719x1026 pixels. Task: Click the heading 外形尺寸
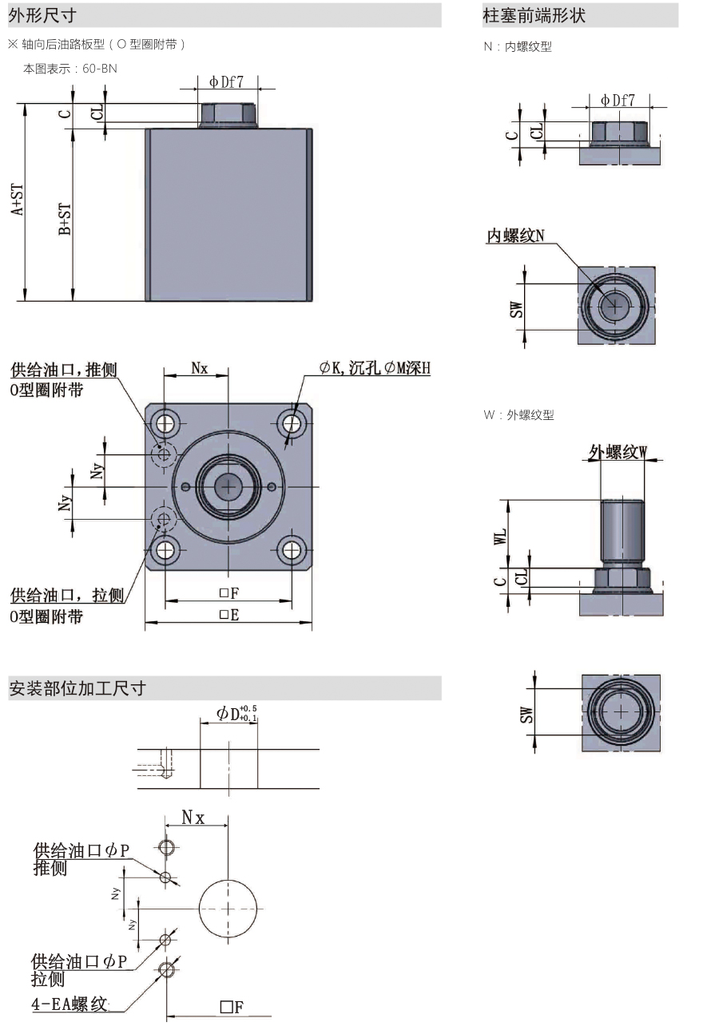tap(42, 14)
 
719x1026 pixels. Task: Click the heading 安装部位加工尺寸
tap(77, 688)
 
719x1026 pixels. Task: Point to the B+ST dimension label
tap(66, 218)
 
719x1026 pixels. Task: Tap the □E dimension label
tap(228, 615)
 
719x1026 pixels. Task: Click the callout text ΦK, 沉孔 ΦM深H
tap(375, 368)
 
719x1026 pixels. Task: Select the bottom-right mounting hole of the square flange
tap(292, 549)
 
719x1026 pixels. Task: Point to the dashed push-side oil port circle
tap(165, 454)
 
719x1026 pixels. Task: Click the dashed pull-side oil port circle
tap(165, 521)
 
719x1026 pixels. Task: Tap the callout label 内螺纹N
tap(516, 236)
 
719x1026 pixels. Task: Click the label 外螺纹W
tap(618, 452)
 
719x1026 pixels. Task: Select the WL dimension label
tap(501, 535)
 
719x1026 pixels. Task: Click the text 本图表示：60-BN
tap(70, 69)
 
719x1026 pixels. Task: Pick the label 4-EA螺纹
tap(70, 1004)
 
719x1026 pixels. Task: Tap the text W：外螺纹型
tap(518, 415)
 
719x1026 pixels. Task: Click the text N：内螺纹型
tap(518, 47)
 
